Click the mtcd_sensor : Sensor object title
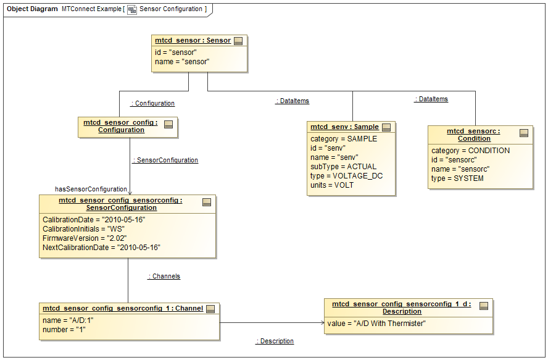click(193, 41)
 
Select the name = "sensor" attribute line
click(182, 62)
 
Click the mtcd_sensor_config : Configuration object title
click(121, 126)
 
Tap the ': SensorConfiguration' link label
click(165, 160)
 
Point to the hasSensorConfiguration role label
click(91, 189)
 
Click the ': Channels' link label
click(164, 276)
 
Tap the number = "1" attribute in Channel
click(64, 330)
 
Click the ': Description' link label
click(275, 341)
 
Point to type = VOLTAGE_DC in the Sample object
click(346, 176)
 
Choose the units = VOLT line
click(332, 185)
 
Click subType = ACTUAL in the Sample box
click(343, 167)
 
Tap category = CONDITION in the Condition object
click(470, 151)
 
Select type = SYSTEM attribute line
click(457, 178)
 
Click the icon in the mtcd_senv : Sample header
click(387, 127)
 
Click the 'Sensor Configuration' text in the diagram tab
click(171, 9)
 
